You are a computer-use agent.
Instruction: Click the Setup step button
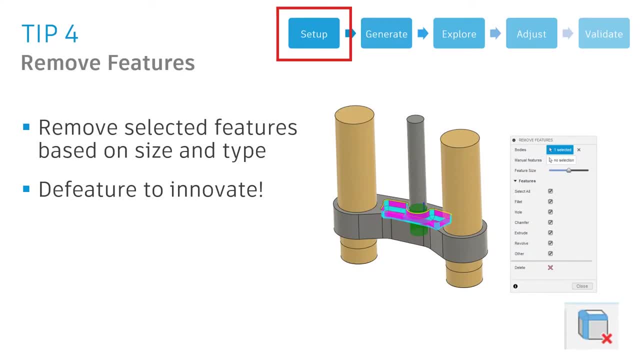(x=313, y=33)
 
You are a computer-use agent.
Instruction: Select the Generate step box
(x=386, y=33)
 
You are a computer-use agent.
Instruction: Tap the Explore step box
(x=458, y=33)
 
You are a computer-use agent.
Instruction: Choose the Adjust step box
(x=531, y=33)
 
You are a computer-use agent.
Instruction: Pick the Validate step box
(x=603, y=33)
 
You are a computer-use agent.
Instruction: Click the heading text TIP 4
(x=50, y=33)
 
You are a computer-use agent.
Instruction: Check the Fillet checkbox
(x=550, y=201)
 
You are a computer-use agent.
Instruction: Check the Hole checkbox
(x=550, y=212)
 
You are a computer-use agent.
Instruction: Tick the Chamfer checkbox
(x=550, y=222)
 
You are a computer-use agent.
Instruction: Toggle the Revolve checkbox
(x=550, y=243)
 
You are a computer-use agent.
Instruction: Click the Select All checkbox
(x=550, y=191)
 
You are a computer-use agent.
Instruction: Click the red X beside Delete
(x=550, y=267)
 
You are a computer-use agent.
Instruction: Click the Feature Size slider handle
(x=568, y=170)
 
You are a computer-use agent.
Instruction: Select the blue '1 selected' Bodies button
(x=560, y=150)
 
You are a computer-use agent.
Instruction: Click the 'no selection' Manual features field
(x=561, y=160)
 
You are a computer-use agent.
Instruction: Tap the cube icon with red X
(x=592, y=326)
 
